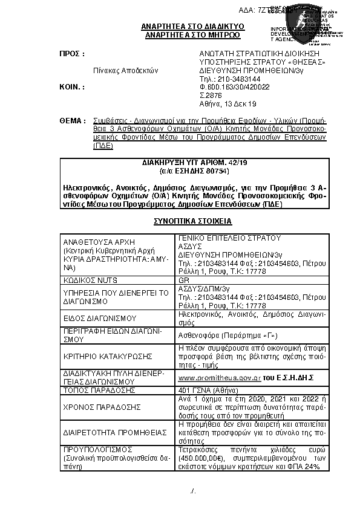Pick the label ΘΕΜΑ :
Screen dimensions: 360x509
point(71,121)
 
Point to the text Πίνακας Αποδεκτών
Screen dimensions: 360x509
point(125,70)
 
